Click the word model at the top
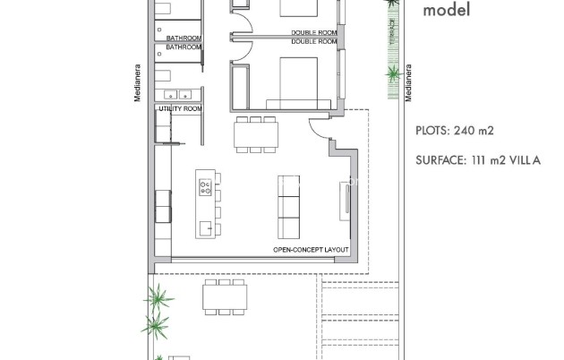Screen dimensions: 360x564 coord(447,12)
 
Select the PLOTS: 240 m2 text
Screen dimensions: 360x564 coord(456,131)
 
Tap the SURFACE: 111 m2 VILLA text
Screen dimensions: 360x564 coord(478,161)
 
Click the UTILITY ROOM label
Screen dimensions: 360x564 coord(179,108)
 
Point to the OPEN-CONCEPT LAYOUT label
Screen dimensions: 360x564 coord(311,249)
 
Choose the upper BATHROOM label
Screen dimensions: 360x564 coord(184,38)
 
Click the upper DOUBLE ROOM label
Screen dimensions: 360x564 coord(313,32)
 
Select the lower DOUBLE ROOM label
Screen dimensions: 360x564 coord(313,41)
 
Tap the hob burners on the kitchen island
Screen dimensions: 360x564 coord(206,189)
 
